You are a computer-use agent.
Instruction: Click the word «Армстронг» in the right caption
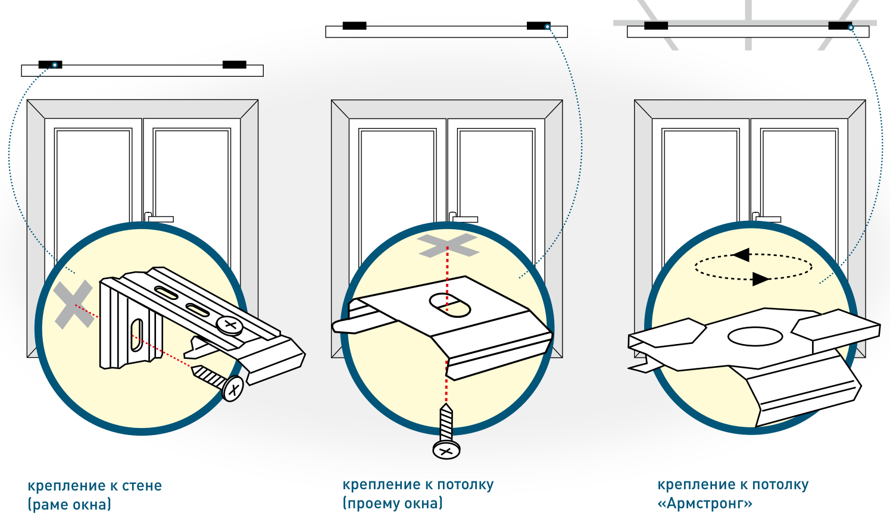coord(705,504)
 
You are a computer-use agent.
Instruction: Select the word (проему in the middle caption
coord(367,504)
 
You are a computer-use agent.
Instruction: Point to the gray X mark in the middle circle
coord(447,245)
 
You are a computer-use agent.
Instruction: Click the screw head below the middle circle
coord(446,450)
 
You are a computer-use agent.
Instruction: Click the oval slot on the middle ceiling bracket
coord(450,305)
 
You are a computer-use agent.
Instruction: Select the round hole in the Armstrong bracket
coord(755,337)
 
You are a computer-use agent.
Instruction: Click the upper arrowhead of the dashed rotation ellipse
coord(741,255)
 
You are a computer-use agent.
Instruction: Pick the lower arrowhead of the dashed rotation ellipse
coord(760,279)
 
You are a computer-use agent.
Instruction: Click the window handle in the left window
coord(158,218)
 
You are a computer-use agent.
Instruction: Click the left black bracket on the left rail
coord(50,64)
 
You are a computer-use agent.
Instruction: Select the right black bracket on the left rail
coord(235,64)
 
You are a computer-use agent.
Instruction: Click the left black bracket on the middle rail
coord(354,26)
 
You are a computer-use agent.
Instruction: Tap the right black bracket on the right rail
coord(840,26)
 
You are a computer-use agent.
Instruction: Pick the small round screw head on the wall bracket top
coord(229,325)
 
